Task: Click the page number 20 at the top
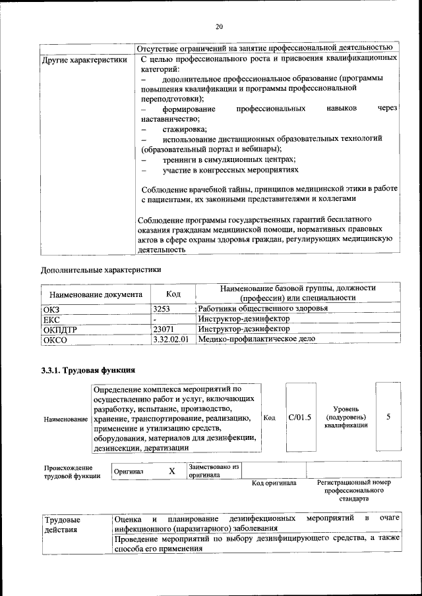point(220,26)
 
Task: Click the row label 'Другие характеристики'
point(84,59)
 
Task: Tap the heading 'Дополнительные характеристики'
point(101,269)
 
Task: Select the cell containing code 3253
point(162,308)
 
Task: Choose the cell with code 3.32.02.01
point(171,339)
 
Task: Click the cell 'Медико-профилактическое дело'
point(256,339)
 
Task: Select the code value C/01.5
point(300,418)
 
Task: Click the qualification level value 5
point(388,418)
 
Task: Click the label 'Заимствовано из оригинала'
point(213,471)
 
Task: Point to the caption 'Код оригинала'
point(274,483)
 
